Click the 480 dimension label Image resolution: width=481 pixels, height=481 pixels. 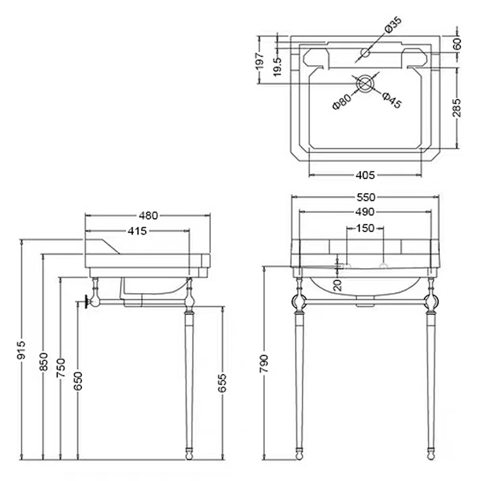click(x=148, y=216)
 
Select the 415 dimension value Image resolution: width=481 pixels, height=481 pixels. click(x=137, y=231)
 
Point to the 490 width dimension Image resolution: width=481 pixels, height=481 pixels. click(x=365, y=212)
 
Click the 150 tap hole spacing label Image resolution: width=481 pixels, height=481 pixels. click(x=365, y=227)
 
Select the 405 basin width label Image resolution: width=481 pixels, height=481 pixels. click(x=365, y=174)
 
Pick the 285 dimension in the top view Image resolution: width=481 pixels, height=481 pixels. click(x=457, y=108)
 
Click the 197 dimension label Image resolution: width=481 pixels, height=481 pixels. click(x=259, y=60)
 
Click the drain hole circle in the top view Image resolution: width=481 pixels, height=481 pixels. click(x=366, y=83)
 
